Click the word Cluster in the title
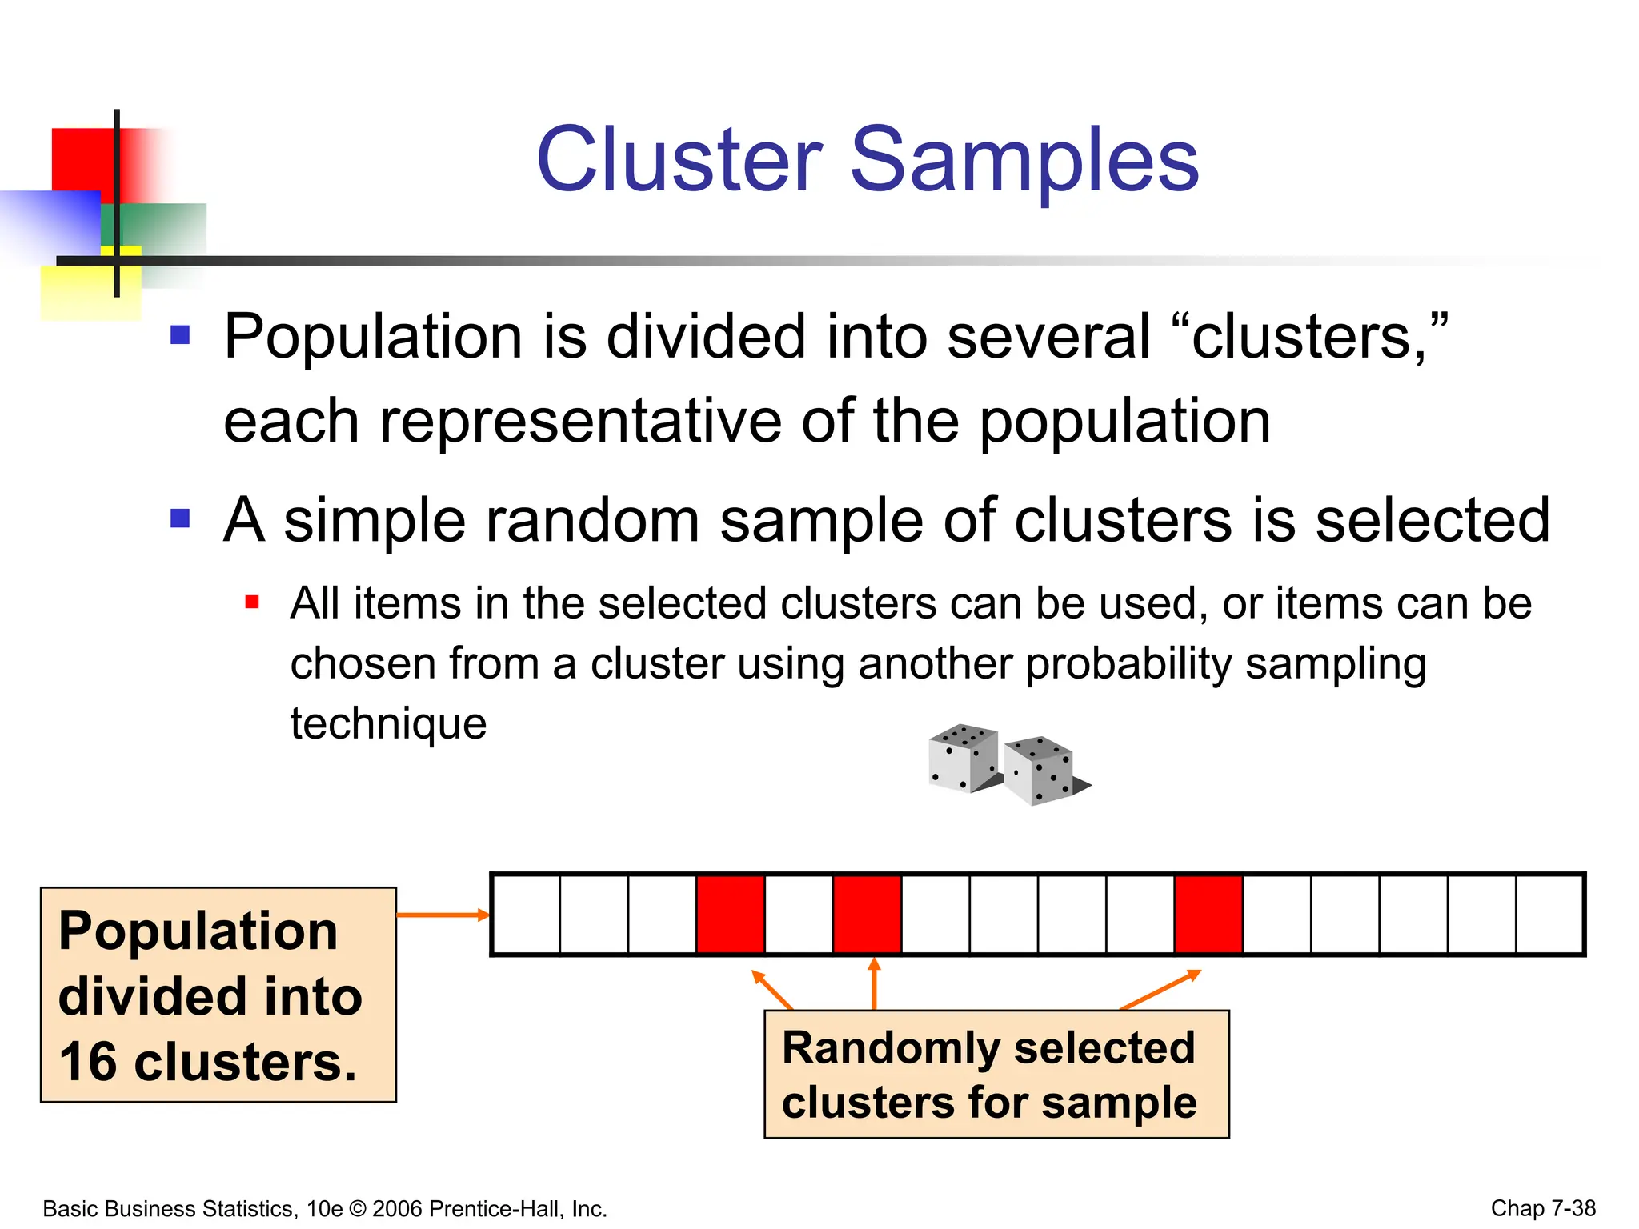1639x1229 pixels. coord(679,160)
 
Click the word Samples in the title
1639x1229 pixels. coord(1024,160)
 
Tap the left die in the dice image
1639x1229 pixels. coord(963,759)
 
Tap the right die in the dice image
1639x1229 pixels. coord(1040,770)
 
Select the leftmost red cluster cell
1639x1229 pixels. coord(731,915)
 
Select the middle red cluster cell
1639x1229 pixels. coord(868,915)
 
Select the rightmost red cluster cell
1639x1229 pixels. coord(1208,915)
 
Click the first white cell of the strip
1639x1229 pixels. coord(526,915)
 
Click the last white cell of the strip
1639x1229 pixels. coord(1549,915)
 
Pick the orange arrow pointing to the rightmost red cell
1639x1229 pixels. coord(1160,990)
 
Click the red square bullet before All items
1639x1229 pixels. coord(252,602)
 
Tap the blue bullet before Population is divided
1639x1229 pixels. coord(180,334)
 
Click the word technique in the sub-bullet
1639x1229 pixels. coord(388,723)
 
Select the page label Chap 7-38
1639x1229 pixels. coord(1543,1207)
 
